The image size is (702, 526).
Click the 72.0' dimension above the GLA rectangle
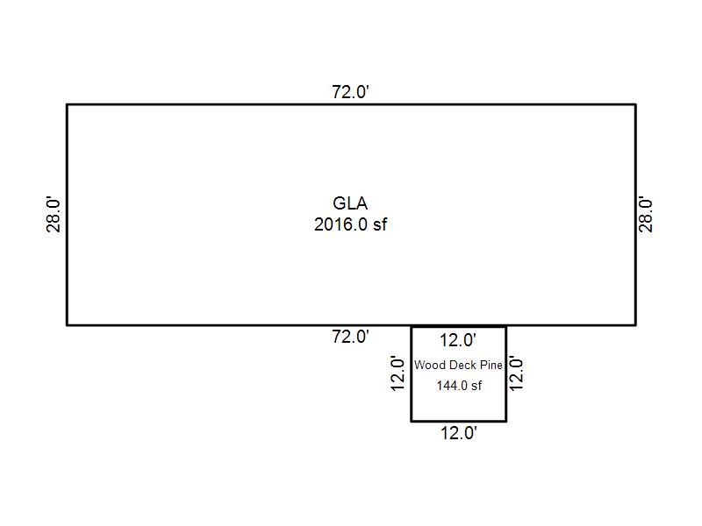pos(350,92)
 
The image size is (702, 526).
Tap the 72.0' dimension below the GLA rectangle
pos(350,337)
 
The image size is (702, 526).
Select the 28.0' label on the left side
pos(54,214)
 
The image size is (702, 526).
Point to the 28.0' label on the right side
pos(647,214)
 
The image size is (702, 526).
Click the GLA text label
pos(350,204)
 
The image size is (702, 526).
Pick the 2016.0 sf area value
pos(350,224)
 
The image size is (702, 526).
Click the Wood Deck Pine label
pos(458,365)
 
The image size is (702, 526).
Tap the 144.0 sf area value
pos(459,386)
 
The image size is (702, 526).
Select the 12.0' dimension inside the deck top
pos(458,340)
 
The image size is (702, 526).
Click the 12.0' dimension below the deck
pos(458,433)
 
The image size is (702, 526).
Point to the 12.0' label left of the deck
pos(398,373)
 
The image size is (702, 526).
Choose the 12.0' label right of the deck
pos(517,373)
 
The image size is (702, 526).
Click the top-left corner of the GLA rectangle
pos(68,104)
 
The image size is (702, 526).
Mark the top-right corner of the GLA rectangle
pos(635,104)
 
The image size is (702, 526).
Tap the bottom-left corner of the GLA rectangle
pos(68,324)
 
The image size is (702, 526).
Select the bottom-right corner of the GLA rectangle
pos(635,324)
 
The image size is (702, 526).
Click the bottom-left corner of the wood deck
pos(412,421)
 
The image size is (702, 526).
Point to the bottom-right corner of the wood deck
pos(505,421)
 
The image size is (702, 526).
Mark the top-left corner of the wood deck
pos(412,326)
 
